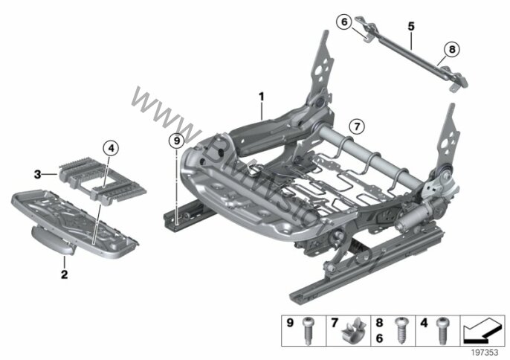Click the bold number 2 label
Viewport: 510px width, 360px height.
pyautogui.click(x=64, y=275)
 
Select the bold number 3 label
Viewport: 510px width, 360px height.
pyautogui.click(x=36, y=173)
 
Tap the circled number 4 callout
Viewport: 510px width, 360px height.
pyautogui.click(x=111, y=147)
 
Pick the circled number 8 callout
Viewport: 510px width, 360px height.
pyautogui.click(x=451, y=51)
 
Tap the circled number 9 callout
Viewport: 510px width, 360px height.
pyautogui.click(x=175, y=139)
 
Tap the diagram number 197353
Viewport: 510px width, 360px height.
pyautogui.click(x=485, y=351)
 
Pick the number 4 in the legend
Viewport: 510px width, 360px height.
pyautogui.click(x=425, y=324)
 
